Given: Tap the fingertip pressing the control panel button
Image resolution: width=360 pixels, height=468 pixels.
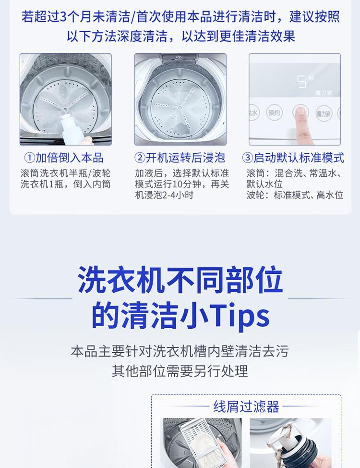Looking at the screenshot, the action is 300,112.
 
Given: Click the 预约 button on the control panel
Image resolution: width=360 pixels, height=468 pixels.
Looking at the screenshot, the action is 275,113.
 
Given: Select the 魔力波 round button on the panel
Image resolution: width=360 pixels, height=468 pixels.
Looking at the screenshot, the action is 324,113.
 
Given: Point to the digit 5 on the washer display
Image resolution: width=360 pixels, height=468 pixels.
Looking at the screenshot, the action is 302,81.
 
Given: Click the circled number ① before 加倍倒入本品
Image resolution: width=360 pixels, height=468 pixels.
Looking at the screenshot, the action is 30,158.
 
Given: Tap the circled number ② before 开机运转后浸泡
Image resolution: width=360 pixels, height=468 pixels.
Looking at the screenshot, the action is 140,158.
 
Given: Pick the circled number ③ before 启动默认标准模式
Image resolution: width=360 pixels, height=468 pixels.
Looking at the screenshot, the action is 248,158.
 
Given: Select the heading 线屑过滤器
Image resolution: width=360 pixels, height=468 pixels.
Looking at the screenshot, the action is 246,406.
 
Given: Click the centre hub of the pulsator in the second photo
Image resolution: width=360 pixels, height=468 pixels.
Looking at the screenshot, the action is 180,108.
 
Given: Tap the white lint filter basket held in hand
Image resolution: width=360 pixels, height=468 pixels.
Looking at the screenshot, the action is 199,442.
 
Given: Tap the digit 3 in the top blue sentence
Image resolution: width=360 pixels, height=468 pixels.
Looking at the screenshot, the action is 63,17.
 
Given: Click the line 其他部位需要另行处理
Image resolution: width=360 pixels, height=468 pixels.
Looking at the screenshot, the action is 180,371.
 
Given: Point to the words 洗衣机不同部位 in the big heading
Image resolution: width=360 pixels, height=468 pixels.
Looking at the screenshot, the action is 180,280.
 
